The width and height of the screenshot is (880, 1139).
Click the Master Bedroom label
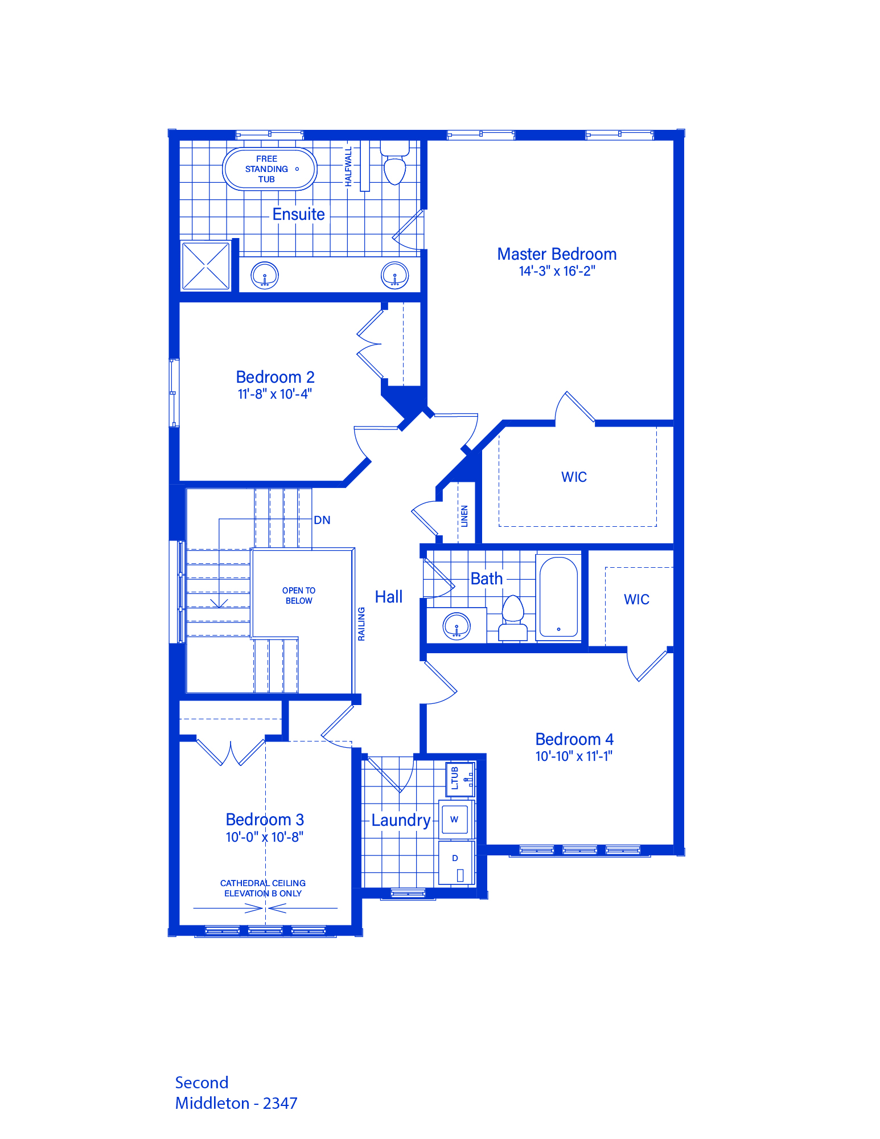pyautogui.click(x=557, y=254)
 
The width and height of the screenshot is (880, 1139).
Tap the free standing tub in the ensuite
pyautogui.click(x=269, y=169)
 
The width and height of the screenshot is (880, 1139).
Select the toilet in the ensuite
pyautogui.click(x=394, y=163)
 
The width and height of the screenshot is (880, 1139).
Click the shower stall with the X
pyautogui.click(x=205, y=265)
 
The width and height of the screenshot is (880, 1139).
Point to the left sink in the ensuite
pyautogui.click(x=265, y=276)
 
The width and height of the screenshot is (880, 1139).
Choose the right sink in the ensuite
pyautogui.click(x=394, y=276)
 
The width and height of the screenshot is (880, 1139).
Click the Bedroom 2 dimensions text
pyautogui.click(x=275, y=394)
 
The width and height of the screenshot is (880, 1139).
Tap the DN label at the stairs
pyautogui.click(x=322, y=520)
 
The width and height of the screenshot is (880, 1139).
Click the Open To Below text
pyautogui.click(x=299, y=596)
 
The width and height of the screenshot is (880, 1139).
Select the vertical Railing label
pyautogui.click(x=361, y=624)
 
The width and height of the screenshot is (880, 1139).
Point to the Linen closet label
pyautogui.click(x=464, y=516)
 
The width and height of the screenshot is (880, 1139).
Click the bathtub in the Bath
pyautogui.click(x=558, y=597)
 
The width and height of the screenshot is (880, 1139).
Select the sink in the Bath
pyautogui.click(x=457, y=626)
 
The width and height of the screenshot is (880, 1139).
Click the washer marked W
pyautogui.click(x=455, y=820)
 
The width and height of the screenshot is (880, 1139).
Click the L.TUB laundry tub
pyautogui.click(x=460, y=779)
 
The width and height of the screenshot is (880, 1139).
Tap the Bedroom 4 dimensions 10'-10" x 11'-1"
pyautogui.click(x=574, y=756)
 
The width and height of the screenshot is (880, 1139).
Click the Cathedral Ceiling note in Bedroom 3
pyautogui.click(x=263, y=888)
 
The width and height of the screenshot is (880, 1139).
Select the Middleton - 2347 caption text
pyautogui.click(x=236, y=1104)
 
